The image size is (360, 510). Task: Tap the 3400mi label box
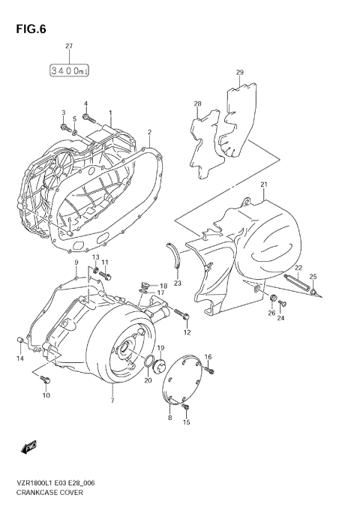pos(69,70)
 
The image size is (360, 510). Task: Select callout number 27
pos(69,46)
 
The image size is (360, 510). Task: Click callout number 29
pos(240,73)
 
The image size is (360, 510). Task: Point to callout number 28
pos(197,103)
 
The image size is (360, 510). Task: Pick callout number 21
pos(264,184)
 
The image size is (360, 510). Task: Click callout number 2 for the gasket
pos(149,132)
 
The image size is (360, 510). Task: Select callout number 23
pos(178,283)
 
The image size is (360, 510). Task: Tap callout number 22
pos(298,268)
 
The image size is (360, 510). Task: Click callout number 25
pos(313,276)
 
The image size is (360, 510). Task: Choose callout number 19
pos(160,348)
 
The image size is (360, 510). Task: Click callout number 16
pos(208,357)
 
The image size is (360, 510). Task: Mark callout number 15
pos(187,422)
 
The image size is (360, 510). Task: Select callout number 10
pos(46,395)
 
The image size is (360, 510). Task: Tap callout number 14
pos(20,359)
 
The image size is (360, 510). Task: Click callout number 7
pos(112,401)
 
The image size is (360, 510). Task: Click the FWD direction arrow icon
pos(31,448)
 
